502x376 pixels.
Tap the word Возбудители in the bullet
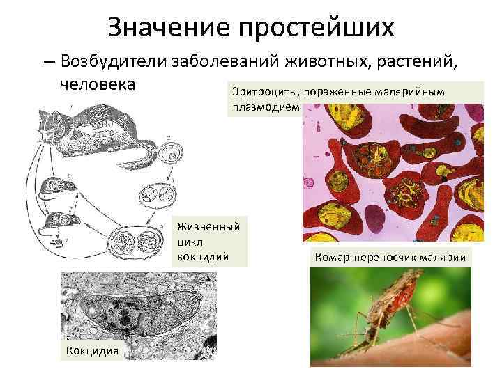click(113, 62)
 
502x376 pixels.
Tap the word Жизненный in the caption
click(208, 226)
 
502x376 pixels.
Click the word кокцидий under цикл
click(203, 256)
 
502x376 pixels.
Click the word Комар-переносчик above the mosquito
click(366, 259)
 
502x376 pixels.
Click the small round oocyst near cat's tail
click(168, 152)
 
